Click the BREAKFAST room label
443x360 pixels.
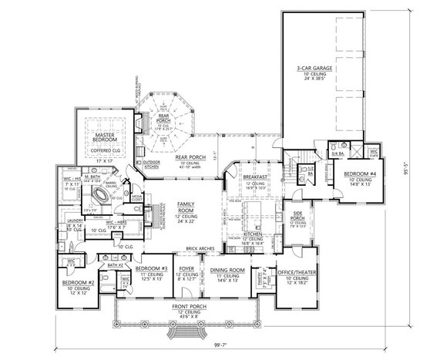tap(255, 177)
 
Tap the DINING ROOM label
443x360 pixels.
tap(227, 271)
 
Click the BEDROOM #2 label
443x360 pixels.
tap(77, 283)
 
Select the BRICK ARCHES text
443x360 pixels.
tap(198, 249)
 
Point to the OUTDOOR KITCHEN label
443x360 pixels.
tap(152, 164)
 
